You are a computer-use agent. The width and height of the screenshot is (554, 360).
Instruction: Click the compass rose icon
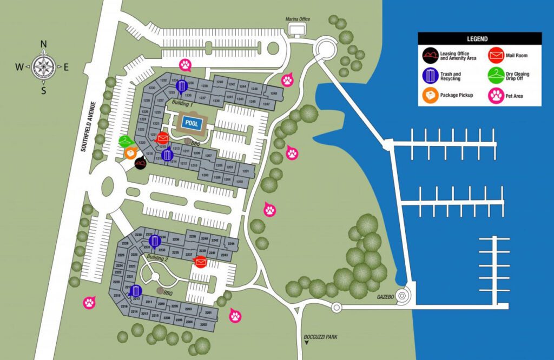44,66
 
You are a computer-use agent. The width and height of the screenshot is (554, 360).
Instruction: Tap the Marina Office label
298,19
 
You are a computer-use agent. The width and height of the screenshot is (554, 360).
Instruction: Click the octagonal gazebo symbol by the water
402,296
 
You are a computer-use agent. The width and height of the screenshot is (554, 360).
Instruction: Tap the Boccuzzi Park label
324,337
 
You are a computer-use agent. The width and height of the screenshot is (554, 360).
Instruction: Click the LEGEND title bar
479,39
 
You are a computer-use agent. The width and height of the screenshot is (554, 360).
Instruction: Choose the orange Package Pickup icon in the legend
431,96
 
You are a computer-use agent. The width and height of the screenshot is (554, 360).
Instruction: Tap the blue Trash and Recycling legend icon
431,76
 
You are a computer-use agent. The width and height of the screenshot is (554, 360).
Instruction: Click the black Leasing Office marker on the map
141,163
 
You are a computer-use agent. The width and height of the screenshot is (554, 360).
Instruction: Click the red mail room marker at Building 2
200,262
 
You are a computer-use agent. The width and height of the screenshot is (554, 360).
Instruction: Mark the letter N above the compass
44,44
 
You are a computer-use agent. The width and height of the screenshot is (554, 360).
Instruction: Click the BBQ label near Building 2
167,293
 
